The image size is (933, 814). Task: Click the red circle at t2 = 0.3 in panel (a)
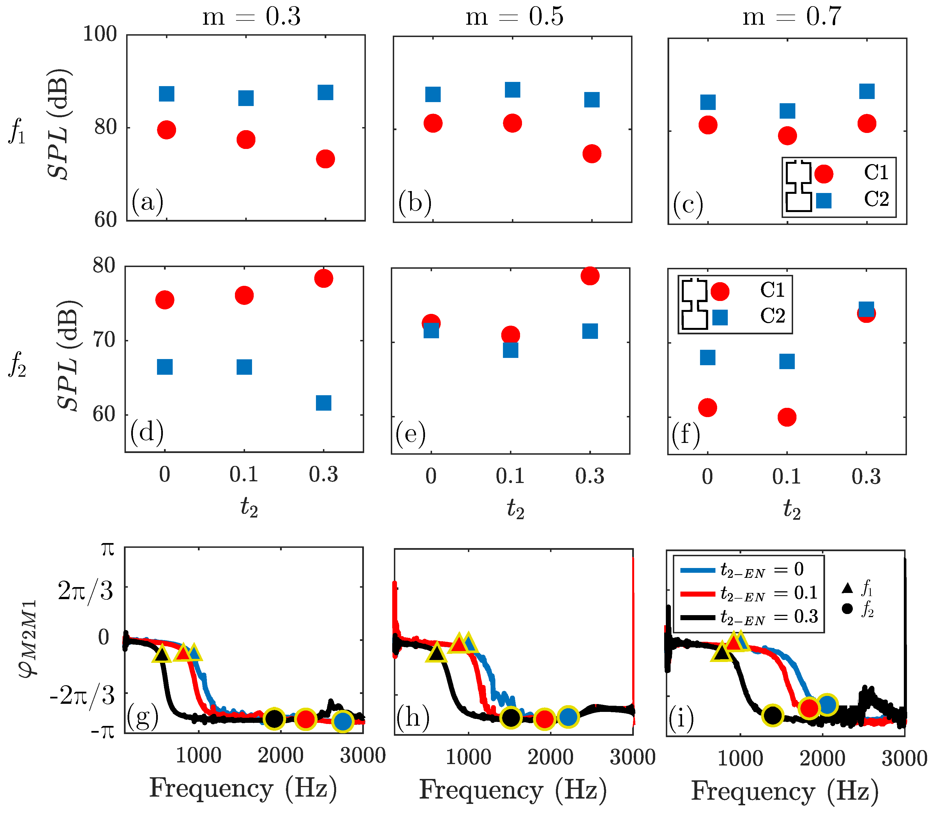click(x=325, y=159)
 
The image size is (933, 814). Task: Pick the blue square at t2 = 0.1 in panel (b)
click(x=512, y=90)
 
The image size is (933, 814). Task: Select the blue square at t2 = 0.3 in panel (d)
click(x=323, y=403)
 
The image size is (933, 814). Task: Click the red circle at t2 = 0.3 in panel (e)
click(x=590, y=276)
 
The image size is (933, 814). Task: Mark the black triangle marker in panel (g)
click(x=162, y=655)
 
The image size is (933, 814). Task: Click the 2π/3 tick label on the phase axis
click(x=85, y=591)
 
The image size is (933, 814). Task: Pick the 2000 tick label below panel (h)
click(x=550, y=757)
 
